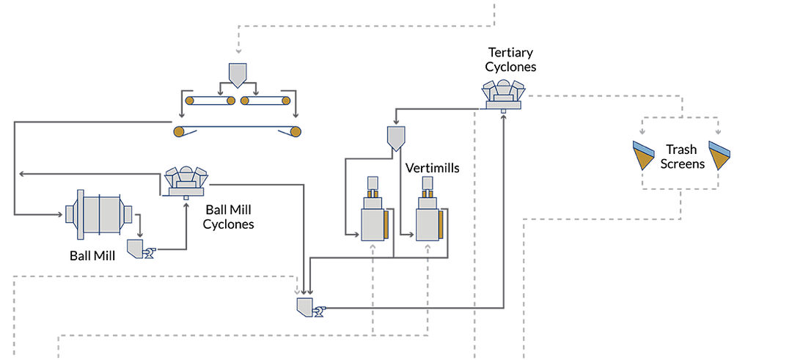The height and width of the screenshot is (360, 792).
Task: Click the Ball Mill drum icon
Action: pos(99,214)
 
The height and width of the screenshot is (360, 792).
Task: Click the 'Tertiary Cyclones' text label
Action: pos(513,60)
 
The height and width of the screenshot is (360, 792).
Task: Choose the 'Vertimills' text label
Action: pos(432,169)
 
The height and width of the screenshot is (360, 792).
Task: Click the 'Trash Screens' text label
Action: pos(682,156)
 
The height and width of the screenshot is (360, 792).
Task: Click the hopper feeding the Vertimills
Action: pos(395,136)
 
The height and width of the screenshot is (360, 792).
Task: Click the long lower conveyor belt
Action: pos(236,131)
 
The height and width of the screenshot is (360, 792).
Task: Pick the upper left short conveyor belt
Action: pos(210,100)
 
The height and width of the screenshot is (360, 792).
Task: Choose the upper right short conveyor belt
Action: pos(265,100)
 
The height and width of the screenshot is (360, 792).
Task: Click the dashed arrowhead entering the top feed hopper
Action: pos(238,52)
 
